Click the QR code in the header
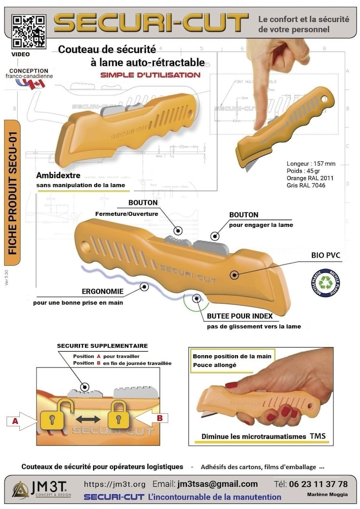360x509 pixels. click(x=29, y=30)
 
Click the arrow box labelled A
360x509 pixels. click(x=20, y=420)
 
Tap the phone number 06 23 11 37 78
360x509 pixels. click(x=317, y=484)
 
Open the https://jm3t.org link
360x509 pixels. click(x=114, y=484)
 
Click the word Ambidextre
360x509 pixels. click(x=59, y=176)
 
